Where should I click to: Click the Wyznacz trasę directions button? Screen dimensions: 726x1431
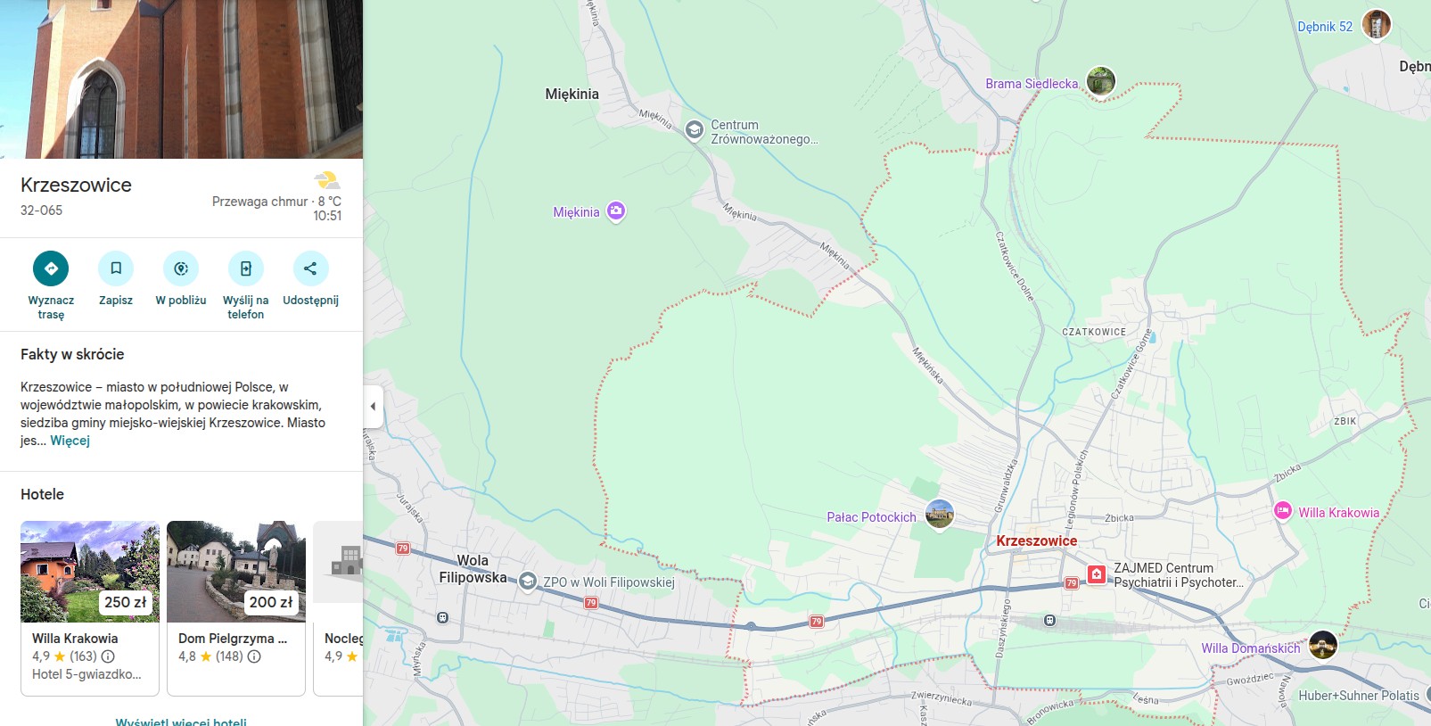pyautogui.click(x=51, y=268)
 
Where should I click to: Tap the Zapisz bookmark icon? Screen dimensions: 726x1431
pyautogui.click(x=116, y=268)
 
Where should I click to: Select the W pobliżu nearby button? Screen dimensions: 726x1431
pyautogui.click(x=181, y=268)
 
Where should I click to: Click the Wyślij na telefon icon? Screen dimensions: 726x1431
pyautogui.click(x=246, y=268)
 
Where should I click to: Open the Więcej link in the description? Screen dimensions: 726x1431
pyautogui.click(x=70, y=441)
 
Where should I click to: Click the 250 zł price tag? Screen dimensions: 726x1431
pyautogui.click(x=125, y=602)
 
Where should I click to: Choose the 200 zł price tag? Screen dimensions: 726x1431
pyautogui.click(x=271, y=602)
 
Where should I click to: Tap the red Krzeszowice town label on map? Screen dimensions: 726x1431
pyautogui.click(x=1036, y=540)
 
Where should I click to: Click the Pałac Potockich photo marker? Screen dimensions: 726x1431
pyautogui.click(x=940, y=514)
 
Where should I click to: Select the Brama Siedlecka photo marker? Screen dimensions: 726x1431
pyautogui.click(x=1101, y=81)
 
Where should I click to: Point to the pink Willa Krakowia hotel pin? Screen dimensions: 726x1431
pyautogui.click(x=1283, y=511)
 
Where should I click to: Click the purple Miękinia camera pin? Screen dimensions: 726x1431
pyautogui.click(x=616, y=211)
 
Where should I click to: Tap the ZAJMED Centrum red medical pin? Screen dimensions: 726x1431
pyautogui.click(x=1097, y=575)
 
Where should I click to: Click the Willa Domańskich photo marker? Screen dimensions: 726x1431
pyautogui.click(x=1323, y=644)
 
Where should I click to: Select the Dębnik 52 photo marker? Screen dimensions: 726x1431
pyautogui.click(x=1377, y=24)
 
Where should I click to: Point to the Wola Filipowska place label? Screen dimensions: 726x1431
pyautogui.click(x=473, y=569)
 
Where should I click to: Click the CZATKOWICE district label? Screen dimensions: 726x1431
pyautogui.click(x=1094, y=332)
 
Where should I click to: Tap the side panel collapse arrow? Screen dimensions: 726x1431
pyautogui.click(x=373, y=407)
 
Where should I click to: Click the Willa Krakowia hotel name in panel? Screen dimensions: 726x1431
pyautogui.click(x=75, y=639)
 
